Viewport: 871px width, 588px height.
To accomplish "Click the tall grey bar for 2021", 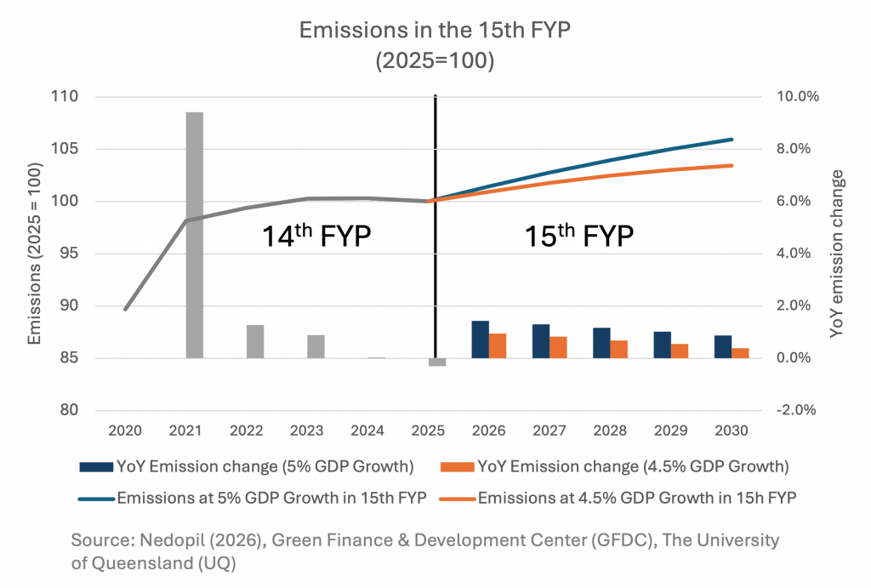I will pyautogui.click(x=195, y=234).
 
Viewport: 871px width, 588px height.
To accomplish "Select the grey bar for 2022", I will pyautogui.click(x=255, y=340).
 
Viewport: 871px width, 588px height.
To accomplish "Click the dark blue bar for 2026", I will pyautogui.click(x=481, y=339).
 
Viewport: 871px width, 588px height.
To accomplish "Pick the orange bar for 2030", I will pyautogui.click(x=740, y=352).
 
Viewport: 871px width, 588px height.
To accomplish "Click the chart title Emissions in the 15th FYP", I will pyautogui.click(x=435, y=31).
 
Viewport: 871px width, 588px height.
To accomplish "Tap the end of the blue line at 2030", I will pyautogui.click(x=732, y=139).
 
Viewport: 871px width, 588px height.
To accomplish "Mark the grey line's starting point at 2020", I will pyautogui.click(x=125, y=309).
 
